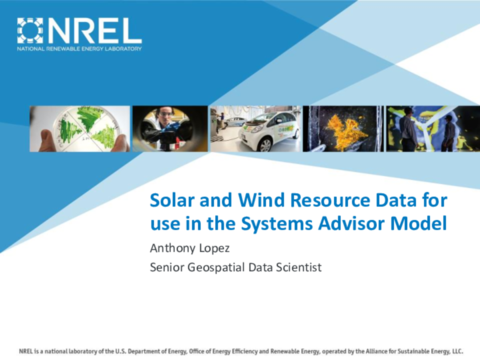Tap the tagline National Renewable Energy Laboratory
click(x=79, y=48)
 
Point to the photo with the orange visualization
click(x=347, y=129)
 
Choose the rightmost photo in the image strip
click(x=427, y=129)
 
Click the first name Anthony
click(x=174, y=247)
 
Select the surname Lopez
click(x=224, y=247)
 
